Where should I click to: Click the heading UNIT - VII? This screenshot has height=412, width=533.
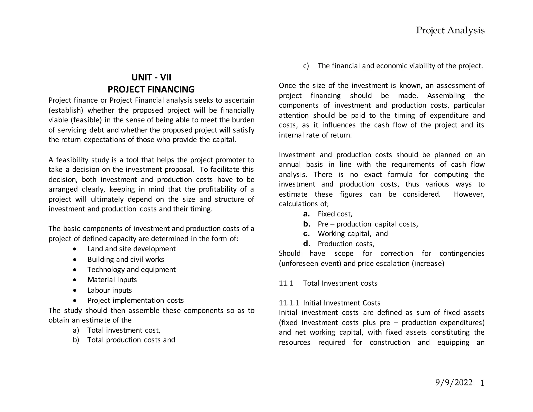(x=151, y=77)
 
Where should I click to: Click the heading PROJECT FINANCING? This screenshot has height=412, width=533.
(x=151, y=89)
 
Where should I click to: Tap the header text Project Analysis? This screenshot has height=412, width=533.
(x=450, y=30)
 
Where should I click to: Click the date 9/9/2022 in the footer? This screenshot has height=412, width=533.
(x=454, y=382)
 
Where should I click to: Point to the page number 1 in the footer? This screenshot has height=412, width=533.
(x=482, y=383)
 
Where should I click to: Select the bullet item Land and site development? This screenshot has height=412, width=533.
(x=131, y=249)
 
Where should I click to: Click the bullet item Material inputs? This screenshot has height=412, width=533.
(x=112, y=279)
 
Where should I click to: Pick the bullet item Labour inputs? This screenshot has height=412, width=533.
(x=110, y=290)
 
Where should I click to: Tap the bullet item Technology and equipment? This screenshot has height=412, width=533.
(x=131, y=269)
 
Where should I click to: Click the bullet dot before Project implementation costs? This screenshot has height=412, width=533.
(x=75, y=301)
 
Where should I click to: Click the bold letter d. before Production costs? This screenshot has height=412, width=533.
(x=307, y=244)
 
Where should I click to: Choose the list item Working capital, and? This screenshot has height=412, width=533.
(x=353, y=234)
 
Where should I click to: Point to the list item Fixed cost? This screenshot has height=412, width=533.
(x=335, y=214)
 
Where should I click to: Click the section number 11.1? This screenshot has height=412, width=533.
(x=286, y=283)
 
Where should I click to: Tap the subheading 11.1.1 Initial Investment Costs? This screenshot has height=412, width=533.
(x=329, y=303)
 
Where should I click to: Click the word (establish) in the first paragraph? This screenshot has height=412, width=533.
(x=66, y=110)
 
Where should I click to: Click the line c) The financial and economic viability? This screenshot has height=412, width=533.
(x=393, y=66)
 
